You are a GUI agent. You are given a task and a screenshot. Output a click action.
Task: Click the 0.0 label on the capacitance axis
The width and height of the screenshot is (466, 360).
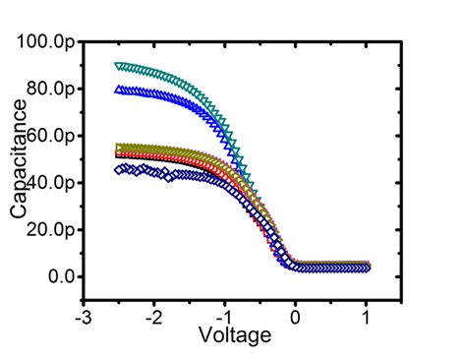point(62,277)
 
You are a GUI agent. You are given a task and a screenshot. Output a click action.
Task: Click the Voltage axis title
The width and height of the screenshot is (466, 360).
point(234,336)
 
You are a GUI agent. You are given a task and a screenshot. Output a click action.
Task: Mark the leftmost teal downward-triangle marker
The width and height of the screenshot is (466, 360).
point(119,66)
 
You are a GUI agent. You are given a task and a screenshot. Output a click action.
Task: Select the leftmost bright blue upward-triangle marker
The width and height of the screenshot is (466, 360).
point(119,90)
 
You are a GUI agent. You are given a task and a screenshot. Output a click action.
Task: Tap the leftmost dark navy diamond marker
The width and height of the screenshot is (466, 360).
point(119,169)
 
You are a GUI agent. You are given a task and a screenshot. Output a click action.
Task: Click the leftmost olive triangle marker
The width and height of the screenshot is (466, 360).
point(119,148)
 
